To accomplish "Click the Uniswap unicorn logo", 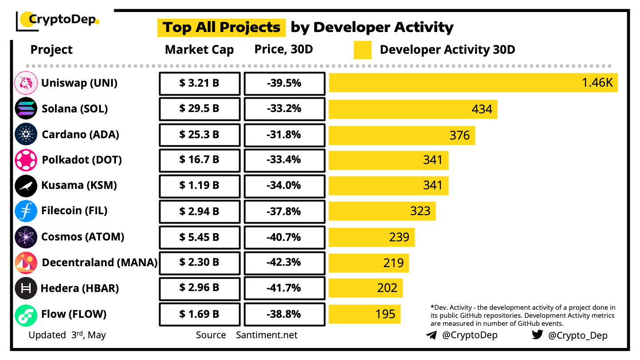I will tap(26, 83).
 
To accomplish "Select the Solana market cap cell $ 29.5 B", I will tap(200, 109).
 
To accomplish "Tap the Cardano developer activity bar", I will tap(402, 135).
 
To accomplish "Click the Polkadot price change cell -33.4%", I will tap(284, 160).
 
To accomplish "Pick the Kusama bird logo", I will tap(26, 186).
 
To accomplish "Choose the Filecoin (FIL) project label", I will tap(74, 211).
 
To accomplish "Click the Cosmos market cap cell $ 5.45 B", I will tap(200, 237).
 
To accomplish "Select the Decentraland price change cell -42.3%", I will tap(284, 263).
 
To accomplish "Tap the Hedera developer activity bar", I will tap(365, 288).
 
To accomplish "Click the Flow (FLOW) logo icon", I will tap(26, 315).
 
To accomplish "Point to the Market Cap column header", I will tap(199, 50).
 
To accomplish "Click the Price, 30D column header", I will tap(284, 49).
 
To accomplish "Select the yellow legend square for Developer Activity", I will tap(363, 50).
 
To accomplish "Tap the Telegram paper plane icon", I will tap(431, 336).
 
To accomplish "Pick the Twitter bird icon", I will tap(537, 335).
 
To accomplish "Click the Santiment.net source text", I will tap(267, 335).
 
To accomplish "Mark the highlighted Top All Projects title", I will tap(221, 27).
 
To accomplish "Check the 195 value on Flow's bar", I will tap(385, 314).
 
